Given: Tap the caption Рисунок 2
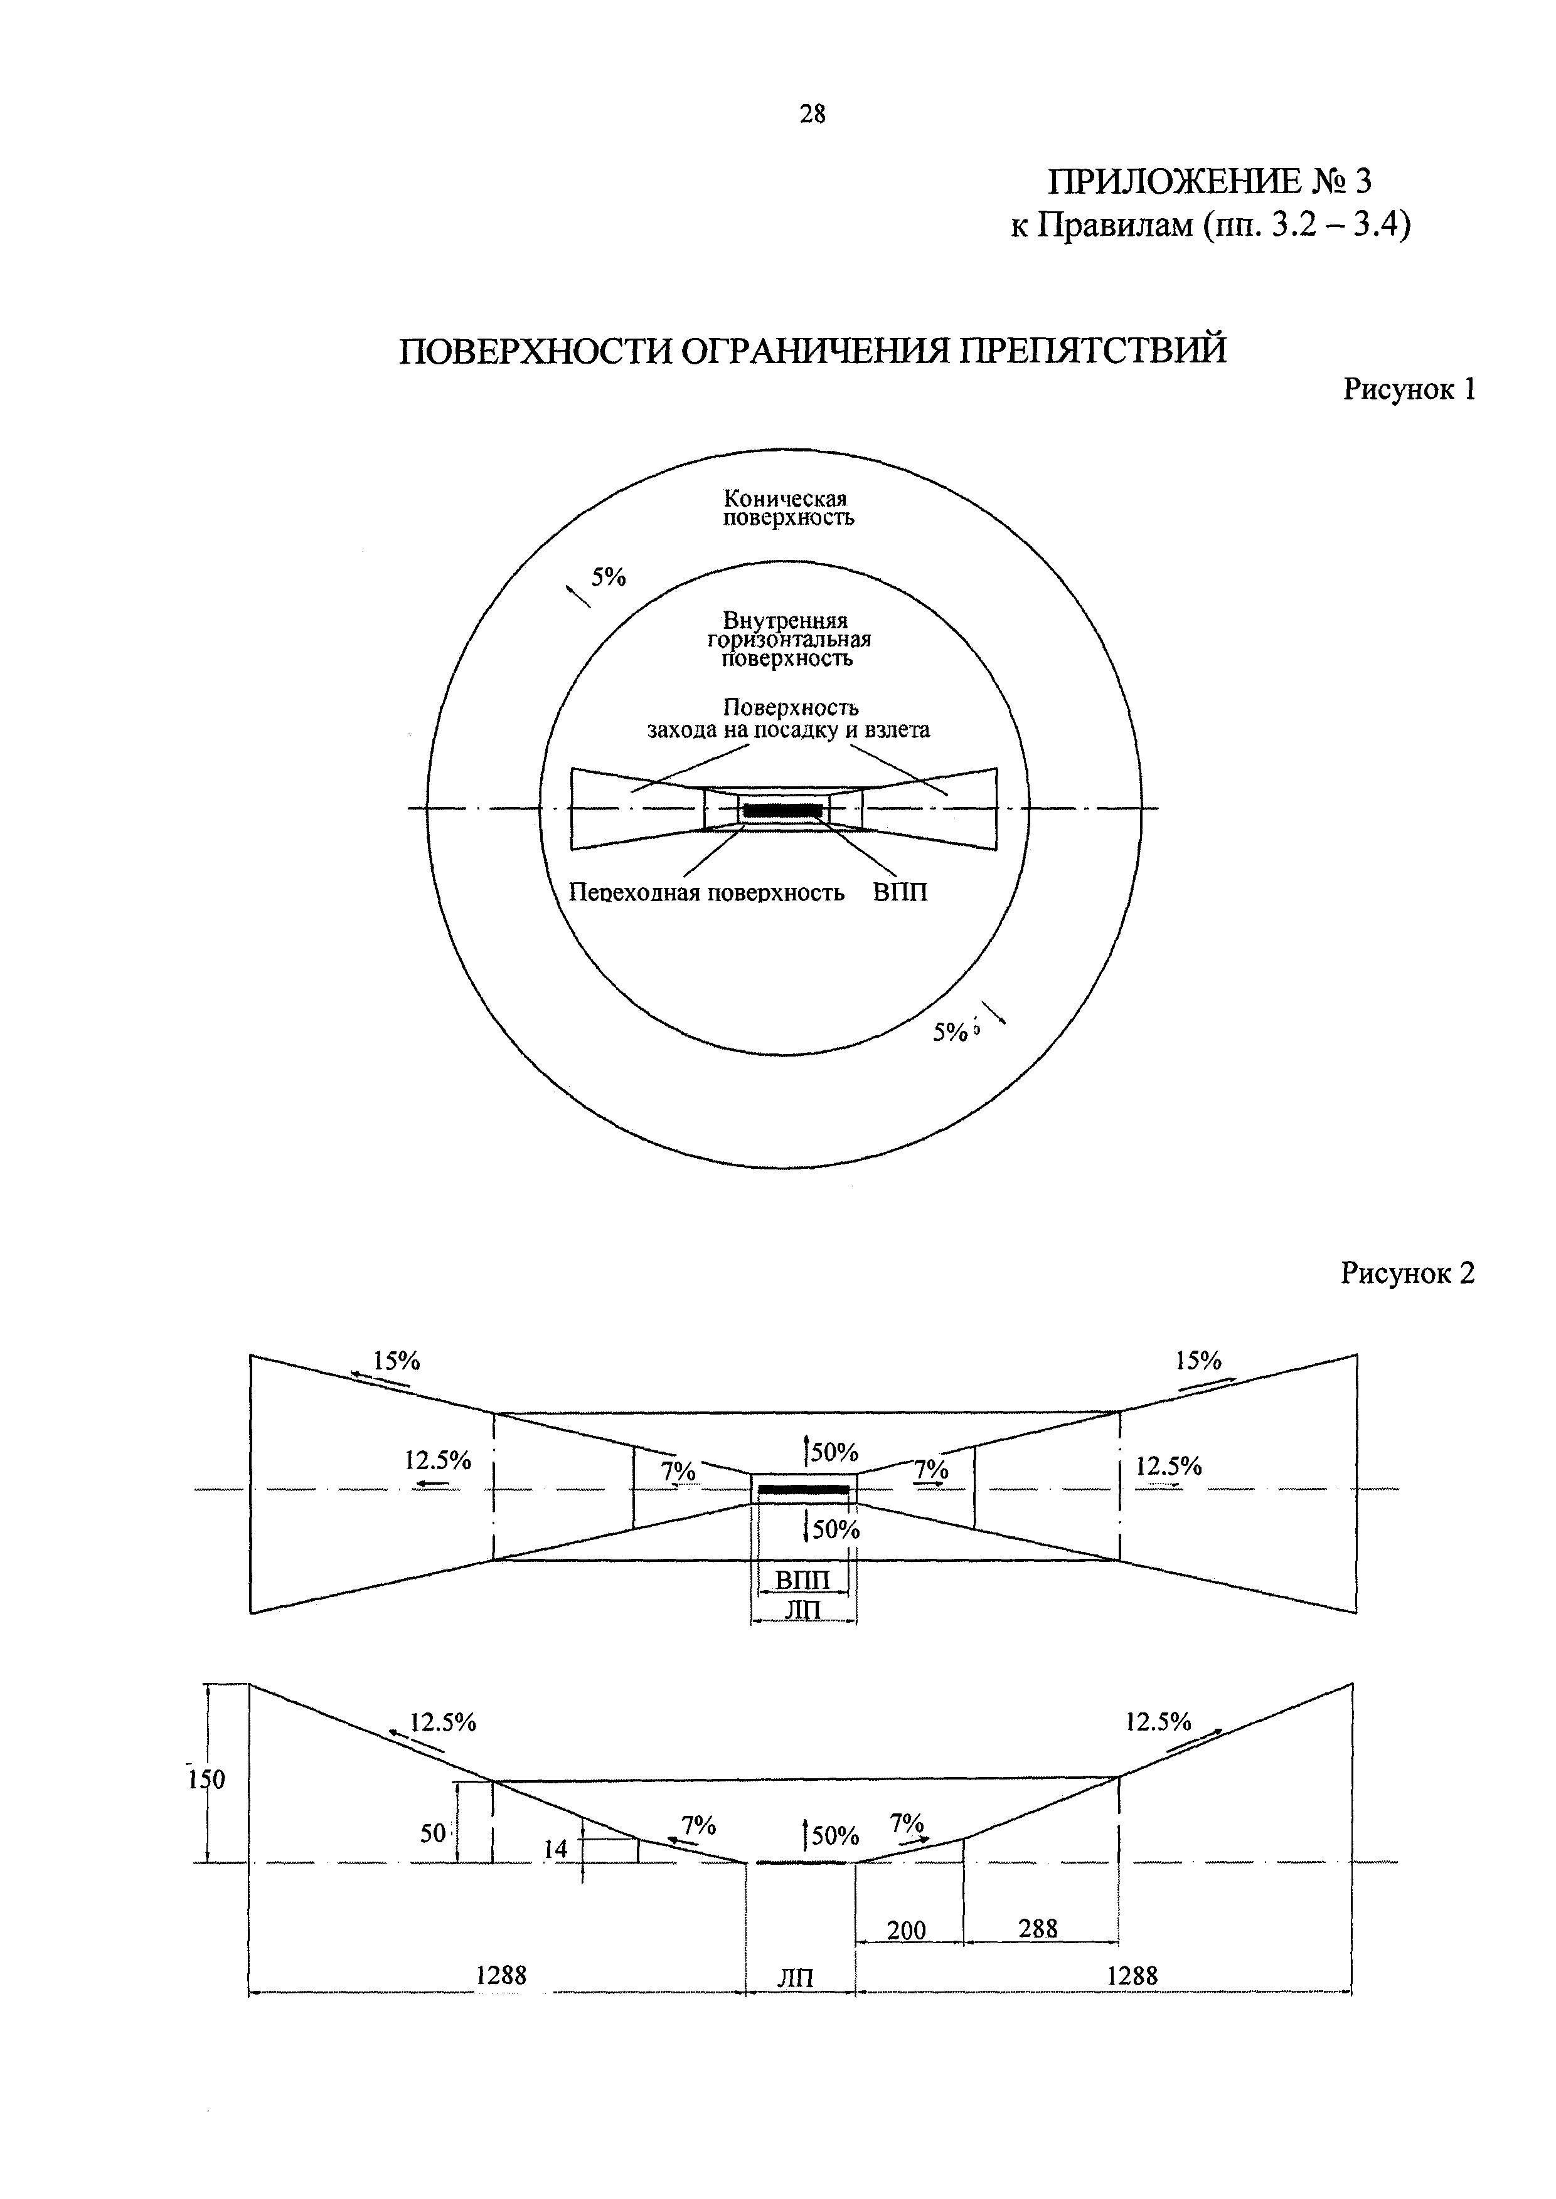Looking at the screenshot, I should [x=1407, y=1273].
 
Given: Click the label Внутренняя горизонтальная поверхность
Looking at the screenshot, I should [x=787, y=640].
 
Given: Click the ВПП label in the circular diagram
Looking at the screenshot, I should [x=900, y=894].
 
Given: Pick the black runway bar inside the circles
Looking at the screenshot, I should [x=783, y=810].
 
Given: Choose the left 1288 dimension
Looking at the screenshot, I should [x=501, y=1975].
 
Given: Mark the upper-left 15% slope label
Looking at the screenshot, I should [x=397, y=1361].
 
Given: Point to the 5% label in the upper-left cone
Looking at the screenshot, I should [x=607, y=577].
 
